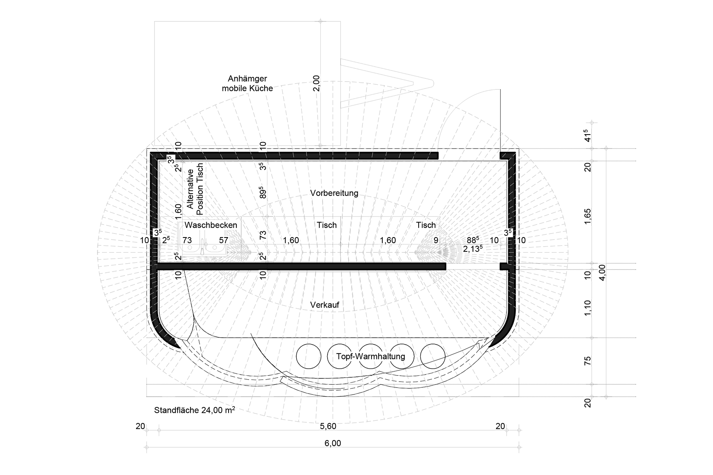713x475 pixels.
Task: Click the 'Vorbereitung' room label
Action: (x=334, y=193)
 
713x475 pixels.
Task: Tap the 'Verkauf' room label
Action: (x=325, y=305)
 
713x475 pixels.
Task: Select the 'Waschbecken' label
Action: (x=211, y=225)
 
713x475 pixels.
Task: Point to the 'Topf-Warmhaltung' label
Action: (x=371, y=356)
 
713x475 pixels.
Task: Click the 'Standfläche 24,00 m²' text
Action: (x=194, y=410)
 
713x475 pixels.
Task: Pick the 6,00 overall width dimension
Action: (x=333, y=443)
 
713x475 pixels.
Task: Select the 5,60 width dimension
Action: (x=328, y=426)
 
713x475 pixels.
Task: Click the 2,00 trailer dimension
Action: (x=316, y=84)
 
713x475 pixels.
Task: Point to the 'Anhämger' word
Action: (x=248, y=79)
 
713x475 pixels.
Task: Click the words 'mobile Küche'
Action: (x=248, y=88)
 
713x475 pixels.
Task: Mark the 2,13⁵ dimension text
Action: (x=473, y=249)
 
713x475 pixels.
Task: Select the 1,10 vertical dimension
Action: (x=588, y=308)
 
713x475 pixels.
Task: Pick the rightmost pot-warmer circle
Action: (x=433, y=356)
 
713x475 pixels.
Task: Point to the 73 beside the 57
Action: (x=187, y=240)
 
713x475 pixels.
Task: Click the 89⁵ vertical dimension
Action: (x=262, y=193)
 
